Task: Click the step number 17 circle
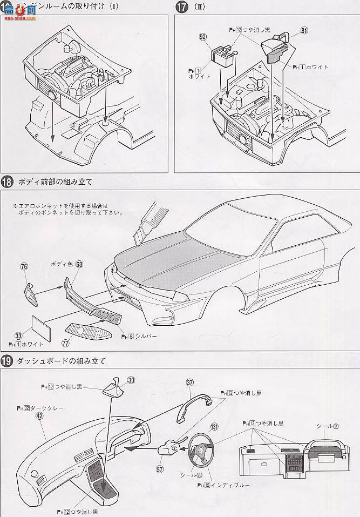pyautogui.click(x=181, y=8)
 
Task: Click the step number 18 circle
pyautogui.click(x=8, y=181)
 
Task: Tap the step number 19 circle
pyautogui.click(x=8, y=360)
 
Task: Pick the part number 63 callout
pyautogui.click(x=79, y=265)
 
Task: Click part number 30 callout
pyautogui.click(x=131, y=380)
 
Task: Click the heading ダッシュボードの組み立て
pyautogui.click(x=60, y=360)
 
